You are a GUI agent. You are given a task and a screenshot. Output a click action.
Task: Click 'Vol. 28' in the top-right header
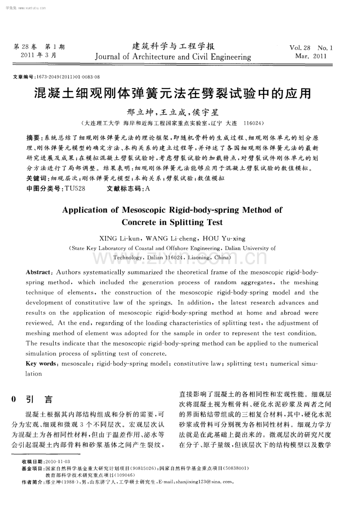pyautogui.click(x=300, y=48)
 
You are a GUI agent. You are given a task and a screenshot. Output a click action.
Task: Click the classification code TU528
pyautogui.click(x=75, y=189)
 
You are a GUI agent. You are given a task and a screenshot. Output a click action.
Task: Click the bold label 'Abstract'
pyautogui.click(x=38, y=272)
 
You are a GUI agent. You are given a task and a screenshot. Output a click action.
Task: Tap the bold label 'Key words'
pyautogui.click(x=41, y=364)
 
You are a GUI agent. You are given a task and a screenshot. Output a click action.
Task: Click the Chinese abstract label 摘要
pyautogui.click(x=32, y=138)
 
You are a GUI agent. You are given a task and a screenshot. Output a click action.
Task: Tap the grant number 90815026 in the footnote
pyautogui.click(x=147, y=468)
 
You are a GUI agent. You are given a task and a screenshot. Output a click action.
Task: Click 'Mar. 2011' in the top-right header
pyautogui.click(x=311, y=56)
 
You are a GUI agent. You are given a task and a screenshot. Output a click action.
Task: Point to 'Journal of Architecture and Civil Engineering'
pyautogui.click(x=173, y=57)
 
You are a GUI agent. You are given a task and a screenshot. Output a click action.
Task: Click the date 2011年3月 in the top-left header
pyautogui.click(x=38, y=55)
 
